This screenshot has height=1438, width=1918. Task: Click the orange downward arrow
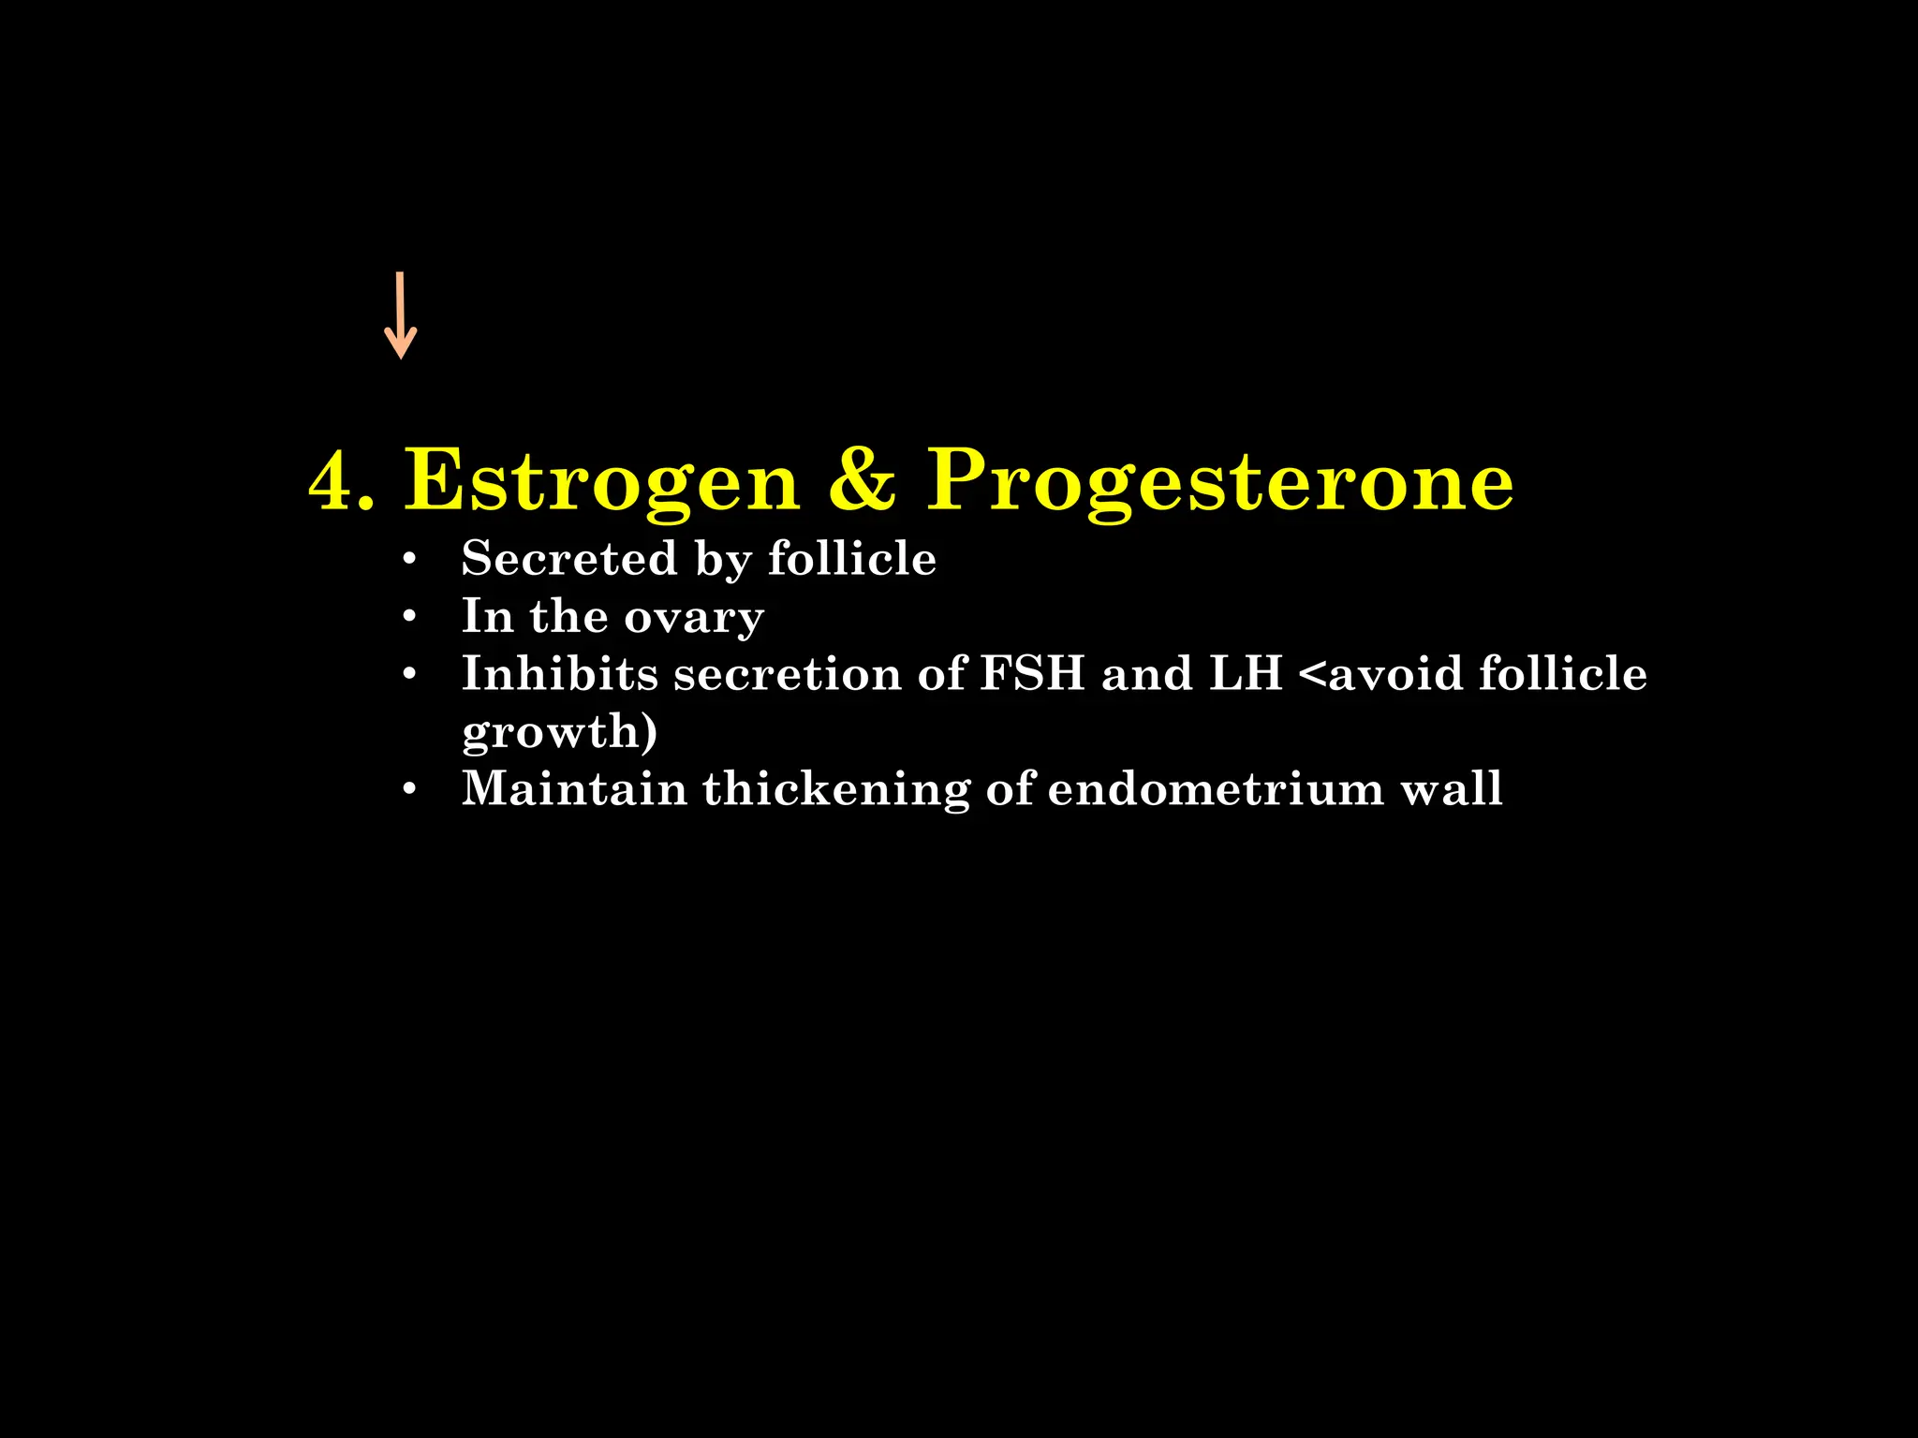click(401, 315)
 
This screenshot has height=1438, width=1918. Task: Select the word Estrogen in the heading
click(602, 481)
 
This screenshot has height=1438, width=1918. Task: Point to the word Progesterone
click(1219, 481)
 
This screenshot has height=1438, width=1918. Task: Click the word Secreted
click(569, 558)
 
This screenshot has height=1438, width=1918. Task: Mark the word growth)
click(560, 732)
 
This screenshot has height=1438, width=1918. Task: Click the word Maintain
click(574, 788)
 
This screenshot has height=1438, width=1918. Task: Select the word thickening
click(836, 790)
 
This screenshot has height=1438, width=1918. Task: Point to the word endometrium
click(1216, 788)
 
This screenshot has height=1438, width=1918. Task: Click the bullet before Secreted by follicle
click(408, 560)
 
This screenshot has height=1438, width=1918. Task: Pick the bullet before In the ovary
click(408, 618)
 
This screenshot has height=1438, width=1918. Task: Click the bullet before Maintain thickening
click(408, 790)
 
